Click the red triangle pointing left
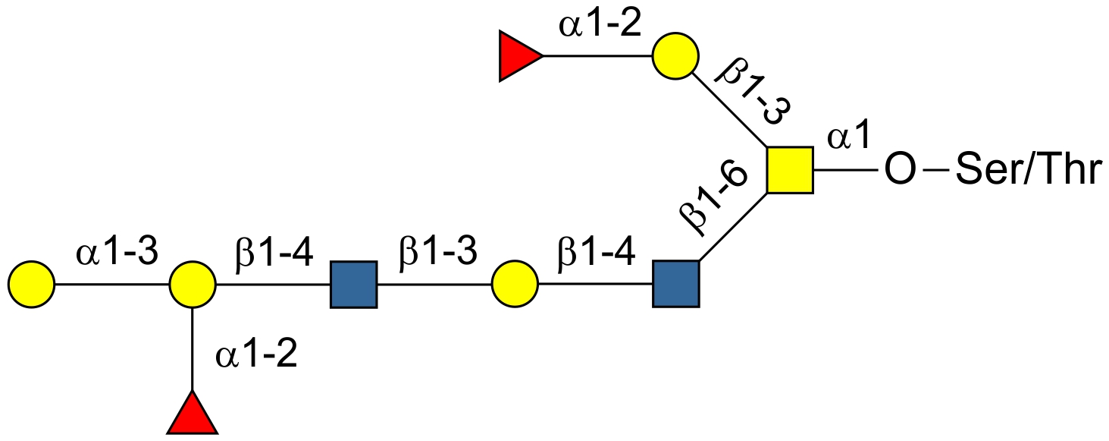518,56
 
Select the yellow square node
789,170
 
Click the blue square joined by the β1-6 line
675,285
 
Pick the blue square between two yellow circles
353,285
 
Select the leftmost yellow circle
31,285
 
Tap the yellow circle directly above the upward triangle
193,285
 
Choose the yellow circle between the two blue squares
515,285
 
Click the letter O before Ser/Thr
900,172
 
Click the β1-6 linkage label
713,197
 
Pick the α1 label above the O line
847,139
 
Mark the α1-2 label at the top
600,26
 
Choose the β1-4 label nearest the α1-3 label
275,254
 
